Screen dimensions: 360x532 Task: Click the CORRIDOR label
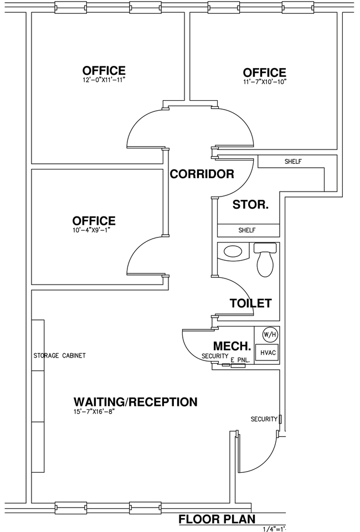point(202,174)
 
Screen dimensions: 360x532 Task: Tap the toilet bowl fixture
point(265,260)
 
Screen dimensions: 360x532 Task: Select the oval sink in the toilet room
point(233,251)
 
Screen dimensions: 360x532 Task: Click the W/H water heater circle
point(270,335)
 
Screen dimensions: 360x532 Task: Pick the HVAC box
point(268,353)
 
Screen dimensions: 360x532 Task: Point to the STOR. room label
point(250,205)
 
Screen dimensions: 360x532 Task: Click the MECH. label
point(232,346)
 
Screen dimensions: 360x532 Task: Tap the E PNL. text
point(240,360)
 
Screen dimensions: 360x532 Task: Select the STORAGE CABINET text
point(59,355)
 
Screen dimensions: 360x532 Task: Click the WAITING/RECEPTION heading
point(135,402)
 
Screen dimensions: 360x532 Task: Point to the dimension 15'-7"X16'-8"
point(92,411)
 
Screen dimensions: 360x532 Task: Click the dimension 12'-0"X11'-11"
point(102,80)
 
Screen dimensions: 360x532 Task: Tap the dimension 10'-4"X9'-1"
point(91,229)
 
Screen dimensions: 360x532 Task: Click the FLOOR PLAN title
point(217,519)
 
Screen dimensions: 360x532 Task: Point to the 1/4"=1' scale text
point(275,529)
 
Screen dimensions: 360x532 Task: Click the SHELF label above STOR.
point(293,162)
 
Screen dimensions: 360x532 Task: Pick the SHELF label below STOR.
point(247,230)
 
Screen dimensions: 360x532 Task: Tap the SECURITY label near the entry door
point(264,419)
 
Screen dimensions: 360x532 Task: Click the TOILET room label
point(251,303)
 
